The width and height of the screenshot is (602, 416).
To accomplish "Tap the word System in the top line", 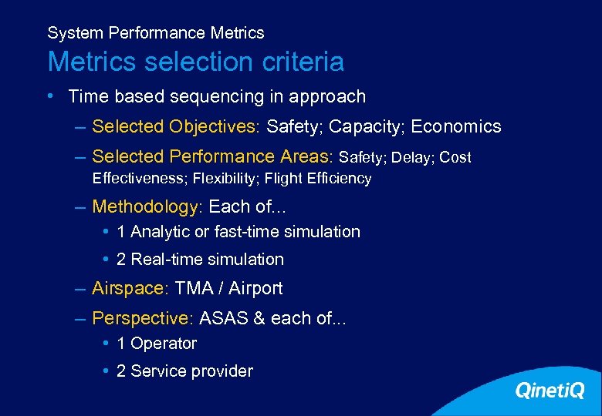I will point(76,33).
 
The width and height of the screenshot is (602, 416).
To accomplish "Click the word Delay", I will point(411,157).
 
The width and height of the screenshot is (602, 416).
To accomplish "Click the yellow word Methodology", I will point(144,207).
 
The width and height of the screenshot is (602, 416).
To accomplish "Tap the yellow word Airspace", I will point(128,289).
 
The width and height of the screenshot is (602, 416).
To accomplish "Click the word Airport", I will point(255,289).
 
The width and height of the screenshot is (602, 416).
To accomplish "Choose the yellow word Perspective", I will point(140,318).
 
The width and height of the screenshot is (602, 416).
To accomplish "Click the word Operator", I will point(164,344).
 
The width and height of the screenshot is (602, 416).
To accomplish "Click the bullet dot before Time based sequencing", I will point(49,96).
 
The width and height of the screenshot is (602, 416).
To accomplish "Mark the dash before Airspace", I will point(80,289).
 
